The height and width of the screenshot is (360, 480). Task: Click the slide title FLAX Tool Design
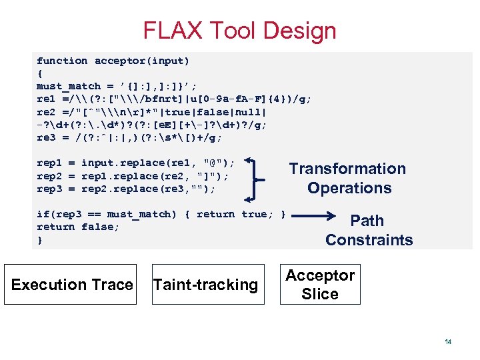click(239, 31)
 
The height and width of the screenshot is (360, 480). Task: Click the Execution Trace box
click(72, 285)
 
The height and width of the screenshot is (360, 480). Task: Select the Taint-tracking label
click(205, 285)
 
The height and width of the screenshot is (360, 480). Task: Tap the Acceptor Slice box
click(320, 285)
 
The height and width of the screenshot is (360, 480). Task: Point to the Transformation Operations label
click(347, 178)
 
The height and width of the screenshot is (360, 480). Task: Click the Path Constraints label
click(368, 230)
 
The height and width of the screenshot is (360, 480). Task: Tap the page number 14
click(448, 342)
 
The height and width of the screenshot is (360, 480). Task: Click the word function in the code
click(62, 61)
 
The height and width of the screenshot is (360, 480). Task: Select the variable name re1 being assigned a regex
click(46, 99)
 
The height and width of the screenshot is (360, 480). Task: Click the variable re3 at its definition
click(46, 137)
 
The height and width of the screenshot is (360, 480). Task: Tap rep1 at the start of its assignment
click(49, 163)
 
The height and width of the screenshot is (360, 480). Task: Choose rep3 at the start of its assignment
click(49, 189)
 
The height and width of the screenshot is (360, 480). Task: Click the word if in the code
click(42, 214)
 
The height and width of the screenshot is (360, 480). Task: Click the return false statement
click(78, 227)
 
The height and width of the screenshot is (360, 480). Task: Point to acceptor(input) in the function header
click(142, 61)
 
